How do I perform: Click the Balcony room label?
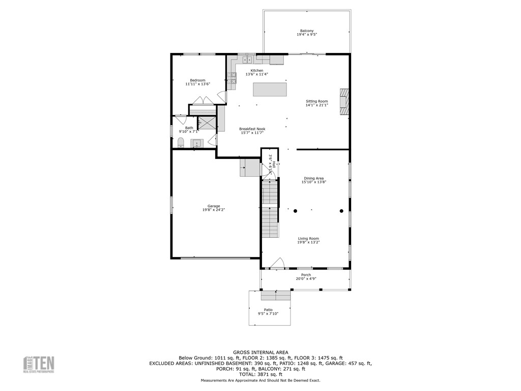click(x=307, y=31)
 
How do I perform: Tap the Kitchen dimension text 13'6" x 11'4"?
click(x=257, y=74)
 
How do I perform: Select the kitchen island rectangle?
click(x=270, y=89)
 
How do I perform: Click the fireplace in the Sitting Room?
click(x=345, y=101)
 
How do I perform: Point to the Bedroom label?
click(x=197, y=80)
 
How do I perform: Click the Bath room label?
click(x=189, y=128)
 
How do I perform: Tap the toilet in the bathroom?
click(x=181, y=143)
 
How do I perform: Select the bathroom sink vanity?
click(x=197, y=143)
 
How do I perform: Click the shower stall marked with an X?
click(x=207, y=123)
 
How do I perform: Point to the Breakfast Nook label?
click(x=252, y=129)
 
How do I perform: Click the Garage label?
click(x=214, y=206)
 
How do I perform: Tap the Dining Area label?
click(x=313, y=178)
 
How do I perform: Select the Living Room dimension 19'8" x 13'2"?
click(x=308, y=242)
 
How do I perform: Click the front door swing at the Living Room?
click(x=277, y=263)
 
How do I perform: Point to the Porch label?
click(x=306, y=275)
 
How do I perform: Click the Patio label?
click(x=268, y=310)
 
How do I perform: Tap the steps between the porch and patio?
click(x=276, y=295)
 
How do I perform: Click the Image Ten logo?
click(x=39, y=365)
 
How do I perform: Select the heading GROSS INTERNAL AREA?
click(x=260, y=352)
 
